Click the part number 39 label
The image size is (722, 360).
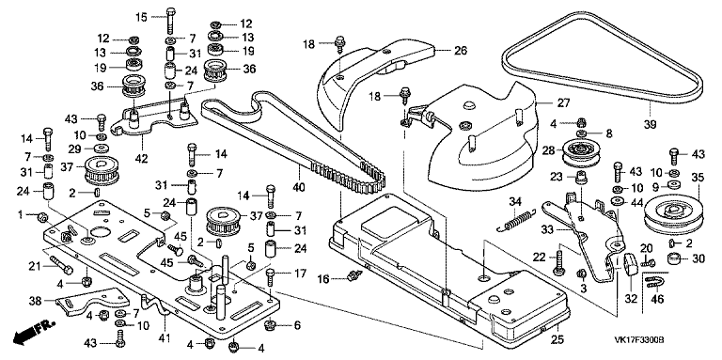point(651,124)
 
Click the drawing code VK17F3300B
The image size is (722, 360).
point(638,340)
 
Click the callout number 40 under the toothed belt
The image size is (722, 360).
point(299,187)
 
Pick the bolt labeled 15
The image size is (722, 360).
point(171,21)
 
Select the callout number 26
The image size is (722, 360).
point(461,50)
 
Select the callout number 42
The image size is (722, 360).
point(142,159)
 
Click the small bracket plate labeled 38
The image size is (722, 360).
point(92,302)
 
